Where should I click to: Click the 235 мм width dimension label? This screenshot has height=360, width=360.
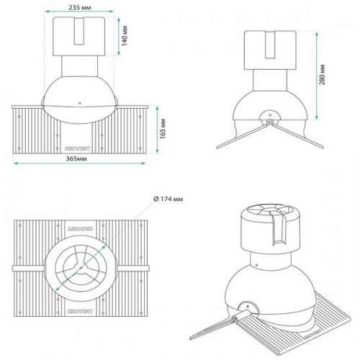[78, 5]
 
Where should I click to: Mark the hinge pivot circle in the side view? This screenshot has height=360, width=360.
[269, 122]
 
